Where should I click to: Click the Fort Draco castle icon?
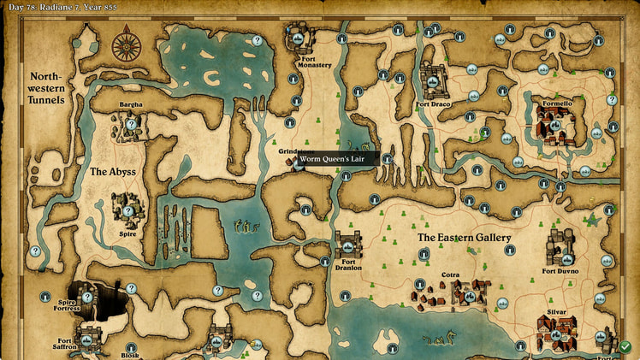(x=435, y=82)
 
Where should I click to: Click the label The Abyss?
(x=113, y=172)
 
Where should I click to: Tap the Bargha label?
(x=131, y=105)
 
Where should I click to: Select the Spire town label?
(x=127, y=233)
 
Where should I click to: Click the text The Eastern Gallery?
(x=464, y=237)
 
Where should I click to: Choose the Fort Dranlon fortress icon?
(x=348, y=245)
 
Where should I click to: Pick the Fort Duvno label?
(x=560, y=271)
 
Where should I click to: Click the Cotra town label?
(x=450, y=275)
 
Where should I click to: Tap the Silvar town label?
(x=557, y=313)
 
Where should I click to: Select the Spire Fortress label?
(x=67, y=305)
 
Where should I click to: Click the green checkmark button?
(x=625, y=347)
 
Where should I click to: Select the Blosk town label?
(x=130, y=354)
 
